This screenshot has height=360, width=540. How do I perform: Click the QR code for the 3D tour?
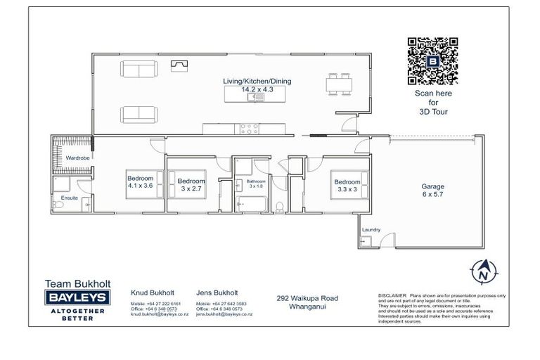point(432,61)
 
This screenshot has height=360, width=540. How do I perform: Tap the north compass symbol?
point(482,272)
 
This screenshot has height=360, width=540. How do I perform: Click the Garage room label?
point(432,191)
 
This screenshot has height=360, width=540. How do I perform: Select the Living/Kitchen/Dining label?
point(257,85)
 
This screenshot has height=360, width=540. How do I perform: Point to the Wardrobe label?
point(77,158)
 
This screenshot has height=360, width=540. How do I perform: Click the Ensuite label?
point(70,198)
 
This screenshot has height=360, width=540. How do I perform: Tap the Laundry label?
point(371,230)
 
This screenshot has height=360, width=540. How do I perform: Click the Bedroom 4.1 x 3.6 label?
point(140,181)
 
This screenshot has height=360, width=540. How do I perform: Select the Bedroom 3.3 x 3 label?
point(347,185)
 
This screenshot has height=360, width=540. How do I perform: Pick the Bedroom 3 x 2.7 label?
point(191,184)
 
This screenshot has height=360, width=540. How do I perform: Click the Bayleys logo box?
point(77,298)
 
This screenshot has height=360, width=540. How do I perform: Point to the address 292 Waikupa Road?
point(307,298)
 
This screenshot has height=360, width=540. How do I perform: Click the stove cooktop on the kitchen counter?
point(247,129)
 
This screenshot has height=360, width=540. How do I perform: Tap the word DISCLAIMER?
point(392,296)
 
